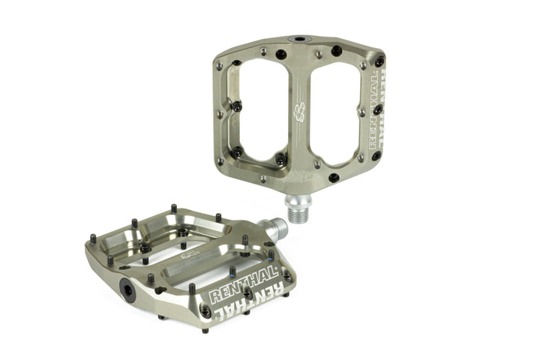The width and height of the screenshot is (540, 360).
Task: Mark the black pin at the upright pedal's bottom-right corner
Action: pos(334,178)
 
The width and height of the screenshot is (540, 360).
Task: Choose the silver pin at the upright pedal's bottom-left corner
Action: pos(262,178)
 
